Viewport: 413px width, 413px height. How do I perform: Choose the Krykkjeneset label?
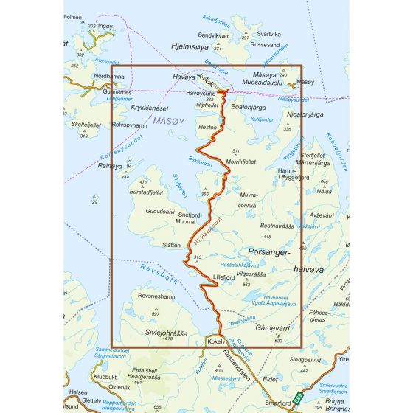point(150,108)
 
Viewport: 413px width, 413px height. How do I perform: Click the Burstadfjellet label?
point(145,191)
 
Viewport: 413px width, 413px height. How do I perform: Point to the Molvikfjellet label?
point(240,161)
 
